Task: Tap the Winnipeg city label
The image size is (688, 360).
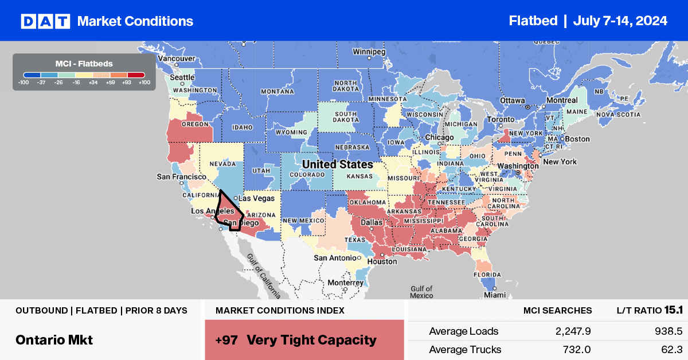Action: [x=369, y=50]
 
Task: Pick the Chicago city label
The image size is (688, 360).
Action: [x=439, y=138]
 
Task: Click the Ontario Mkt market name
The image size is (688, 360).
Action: [x=54, y=339]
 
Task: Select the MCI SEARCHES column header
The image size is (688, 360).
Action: [x=557, y=310]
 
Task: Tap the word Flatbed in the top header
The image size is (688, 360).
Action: [x=533, y=21]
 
